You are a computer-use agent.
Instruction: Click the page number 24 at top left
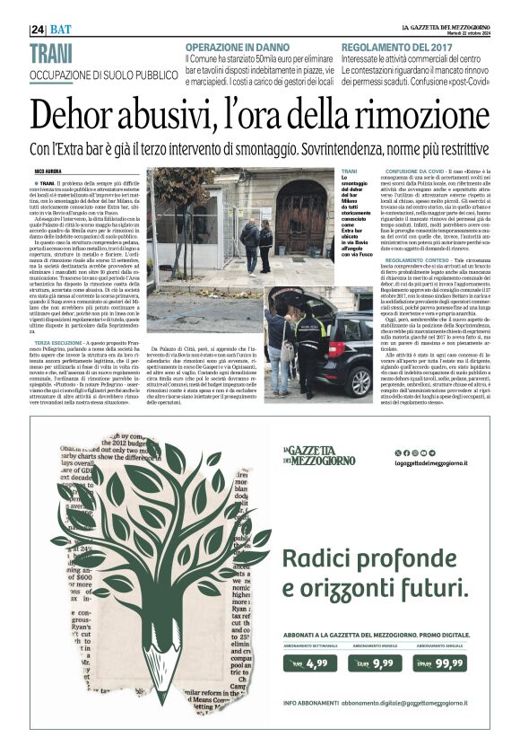(x=38, y=30)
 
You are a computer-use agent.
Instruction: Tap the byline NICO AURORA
(x=47, y=171)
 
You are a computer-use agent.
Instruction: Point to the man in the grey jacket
(x=250, y=241)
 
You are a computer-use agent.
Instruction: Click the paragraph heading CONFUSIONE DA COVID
(x=412, y=171)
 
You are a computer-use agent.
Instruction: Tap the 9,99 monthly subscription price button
(x=377, y=664)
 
